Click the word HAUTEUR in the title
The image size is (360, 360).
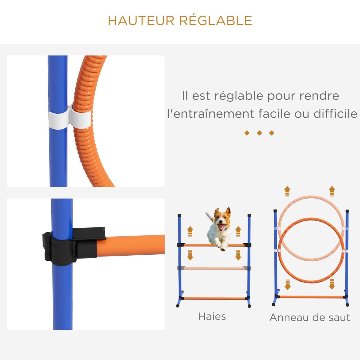pyautogui.click(x=141, y=21)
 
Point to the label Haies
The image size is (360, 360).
pyautogui.click(x=212, y=316)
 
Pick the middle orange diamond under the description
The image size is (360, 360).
pyautogui.click(x=259, y=133)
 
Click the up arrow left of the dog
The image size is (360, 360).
pyautogui.click(x=190, y=231)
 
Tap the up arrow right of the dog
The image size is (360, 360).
pyautogui.click(x=238, y=231)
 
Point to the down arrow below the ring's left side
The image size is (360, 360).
pyautogui.click(x=287, y=284)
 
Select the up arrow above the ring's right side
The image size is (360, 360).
pyautogui.click(x=331, y=191)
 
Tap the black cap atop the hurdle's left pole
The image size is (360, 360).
pyautogui.click(x=179, y=215)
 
